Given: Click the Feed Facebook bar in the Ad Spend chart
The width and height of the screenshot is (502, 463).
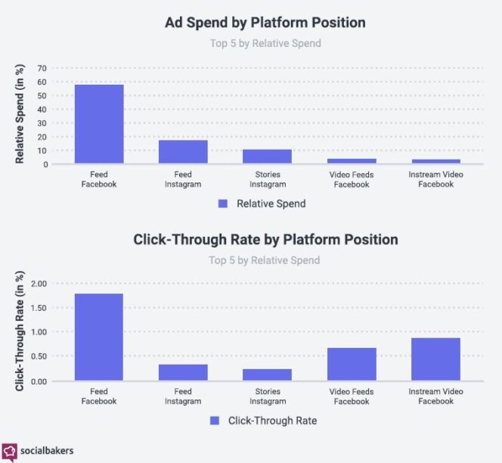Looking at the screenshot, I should [x=98, y=124].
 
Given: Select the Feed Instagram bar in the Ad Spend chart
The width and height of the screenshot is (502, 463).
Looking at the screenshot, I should [x=183, y=152].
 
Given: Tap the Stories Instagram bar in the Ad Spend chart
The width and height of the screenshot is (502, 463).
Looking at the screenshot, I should [x=267, y=157].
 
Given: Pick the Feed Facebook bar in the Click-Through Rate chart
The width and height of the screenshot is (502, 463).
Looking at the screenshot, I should [x=98, y=337].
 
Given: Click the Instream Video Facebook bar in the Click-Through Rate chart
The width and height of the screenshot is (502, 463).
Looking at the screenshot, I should [x=435, y=359].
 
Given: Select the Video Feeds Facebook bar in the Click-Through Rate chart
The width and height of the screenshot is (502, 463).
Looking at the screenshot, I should [x=352, y=364].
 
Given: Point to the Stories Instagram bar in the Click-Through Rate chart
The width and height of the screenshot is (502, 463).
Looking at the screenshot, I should [x=267, y=374].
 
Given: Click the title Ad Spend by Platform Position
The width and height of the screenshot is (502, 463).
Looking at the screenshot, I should [x=265, y=23].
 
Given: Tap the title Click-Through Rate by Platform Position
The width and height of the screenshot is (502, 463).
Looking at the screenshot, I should [x=265, y=240].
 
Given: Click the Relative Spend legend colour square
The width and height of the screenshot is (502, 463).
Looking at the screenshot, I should [x=222, y=204].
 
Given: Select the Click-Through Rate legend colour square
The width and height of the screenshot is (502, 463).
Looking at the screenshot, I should [x=213, y=421].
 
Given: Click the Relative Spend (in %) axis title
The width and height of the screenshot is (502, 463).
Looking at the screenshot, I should [x=20, y=116].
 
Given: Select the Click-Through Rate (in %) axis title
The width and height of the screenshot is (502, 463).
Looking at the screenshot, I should [x=20, y=332].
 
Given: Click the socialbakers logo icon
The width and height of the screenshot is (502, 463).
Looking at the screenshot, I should [x=10, y=450].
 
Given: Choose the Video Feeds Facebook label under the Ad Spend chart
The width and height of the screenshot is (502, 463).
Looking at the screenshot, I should [x=352, y=179].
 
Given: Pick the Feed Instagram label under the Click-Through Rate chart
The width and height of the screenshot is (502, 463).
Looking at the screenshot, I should [x=183, y=396].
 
